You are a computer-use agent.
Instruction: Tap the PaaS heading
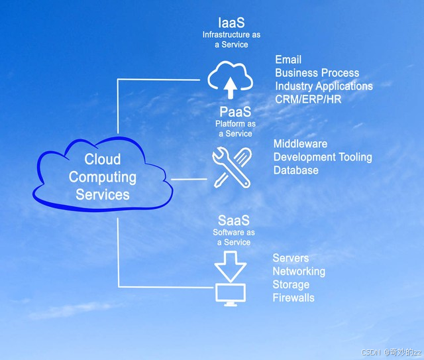pyautogui.click(x=235, y=112)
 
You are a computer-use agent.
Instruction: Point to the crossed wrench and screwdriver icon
pyautogui.click(x=231, y=167)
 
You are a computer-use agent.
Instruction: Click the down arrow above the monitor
pyautogui.click(x=230, y=267)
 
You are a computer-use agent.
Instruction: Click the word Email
pyautogui.click(x=288, y=60)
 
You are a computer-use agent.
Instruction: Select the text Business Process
pyautogui.click(x=317, y=73)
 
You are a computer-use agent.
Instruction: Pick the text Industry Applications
pyautogui.click(x=324, y=86)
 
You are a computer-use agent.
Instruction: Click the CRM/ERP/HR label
pyautogui.click(x=308, y=99)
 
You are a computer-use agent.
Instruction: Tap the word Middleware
pyautogui.click(x=300, y=144)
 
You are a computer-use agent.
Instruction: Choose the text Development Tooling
pyautogui.click(x=323, y=157)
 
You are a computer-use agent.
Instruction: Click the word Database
pyautogui.click(x=295, y=170)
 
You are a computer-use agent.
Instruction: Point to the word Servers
pyautogui.click(x=290, y=258)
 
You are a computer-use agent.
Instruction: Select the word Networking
pyautogui.click(x=299, y=271)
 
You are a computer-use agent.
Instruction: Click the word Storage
pyautogui.click(x=291, y=284)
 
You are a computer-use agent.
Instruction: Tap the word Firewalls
pyautogui.click(x=293, y=298)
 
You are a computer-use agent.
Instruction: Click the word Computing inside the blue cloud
pyautogui.click(x=103, y=177)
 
